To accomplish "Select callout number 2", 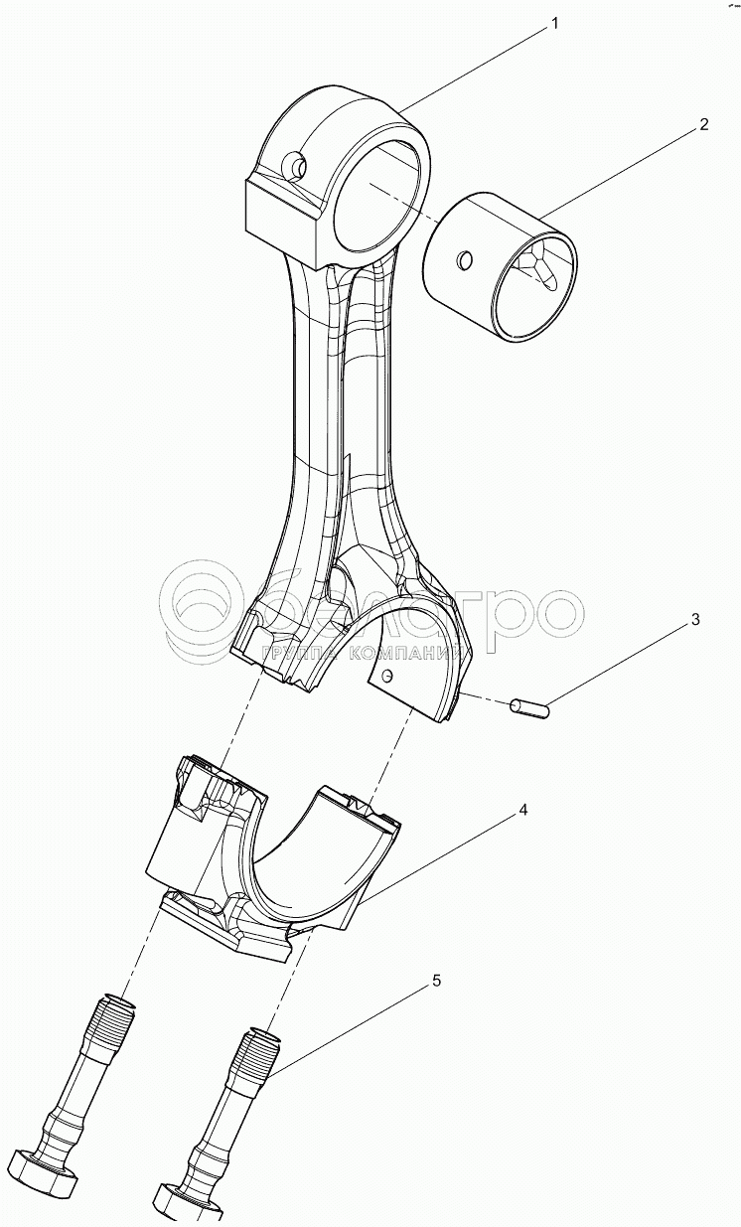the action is [x=702, y=124].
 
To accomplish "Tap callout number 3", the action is [x=695, y=620].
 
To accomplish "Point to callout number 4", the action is [x=522, y=810].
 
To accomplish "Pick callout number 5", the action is [x=434, y=982].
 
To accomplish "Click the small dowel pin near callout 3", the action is [x=528, y=707].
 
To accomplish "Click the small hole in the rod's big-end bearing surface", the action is [x=387, y=677].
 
